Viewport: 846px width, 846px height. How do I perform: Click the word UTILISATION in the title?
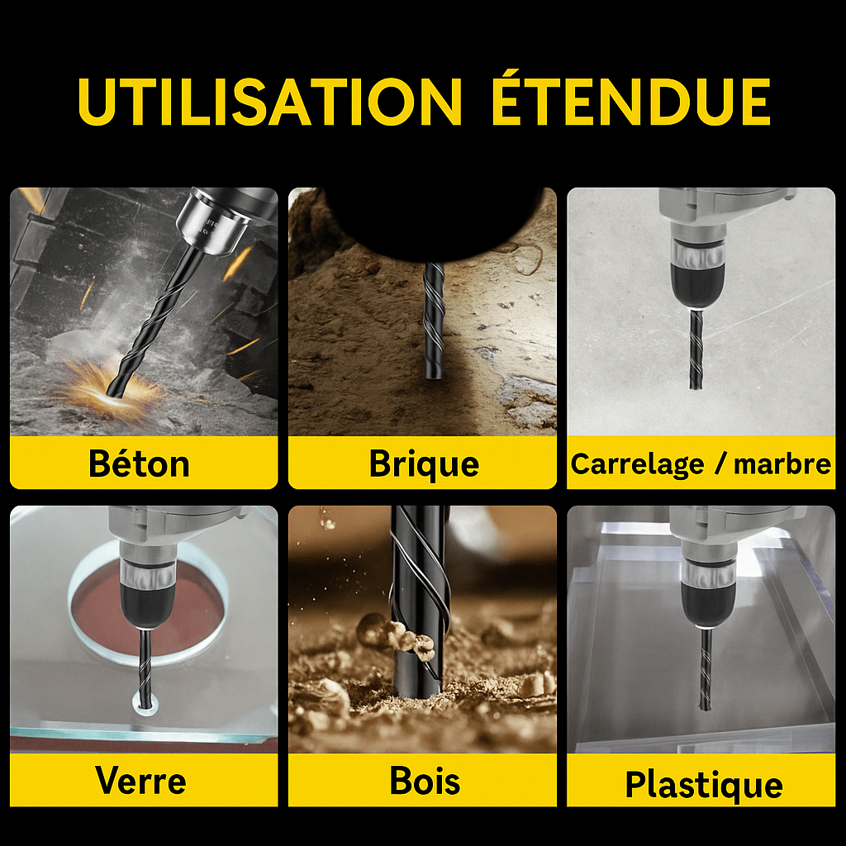[270, 102]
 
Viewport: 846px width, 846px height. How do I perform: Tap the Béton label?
[139, 463]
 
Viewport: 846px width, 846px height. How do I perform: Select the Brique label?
[424, 464]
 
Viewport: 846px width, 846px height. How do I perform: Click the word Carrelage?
[637, 464]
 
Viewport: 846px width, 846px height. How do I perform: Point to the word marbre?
[782, 464]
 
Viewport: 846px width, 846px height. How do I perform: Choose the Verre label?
[140, 781]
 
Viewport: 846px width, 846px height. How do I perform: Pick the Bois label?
[425, 781]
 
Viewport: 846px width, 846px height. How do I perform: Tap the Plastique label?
[704, 785]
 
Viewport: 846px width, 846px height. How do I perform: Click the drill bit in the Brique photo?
[434, 321]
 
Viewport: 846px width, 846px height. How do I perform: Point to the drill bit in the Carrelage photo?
[696, 349]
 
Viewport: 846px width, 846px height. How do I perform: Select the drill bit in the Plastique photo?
[706, 669]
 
